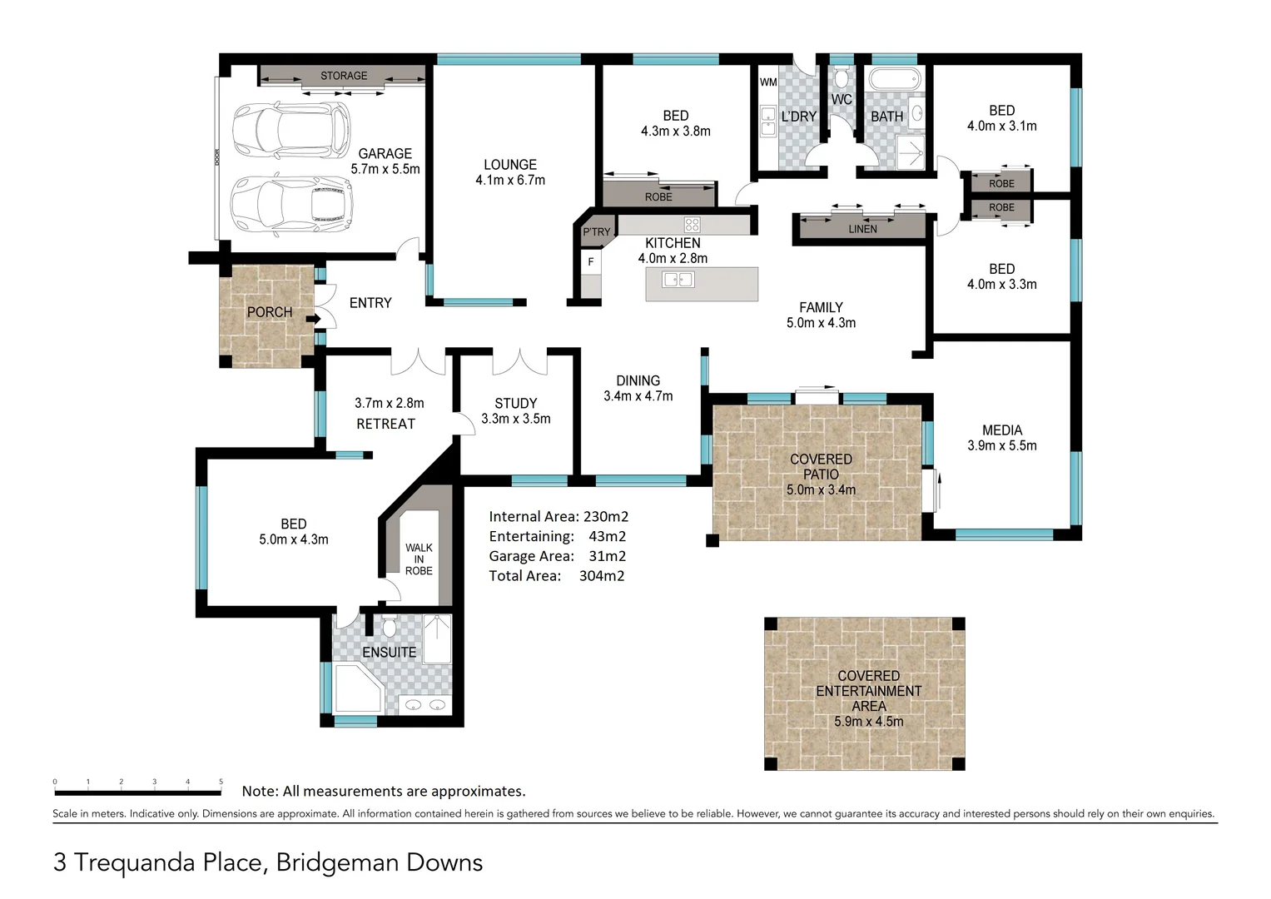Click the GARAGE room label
click(385, 154)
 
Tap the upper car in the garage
click(290, 130)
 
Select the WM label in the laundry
click(767, 82)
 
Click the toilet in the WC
click(842, 79)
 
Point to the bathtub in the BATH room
click(895, 81)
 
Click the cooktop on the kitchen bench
click(692, 224)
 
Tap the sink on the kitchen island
click(678, 280)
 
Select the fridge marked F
click(591, 262)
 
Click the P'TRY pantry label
click(596, 232)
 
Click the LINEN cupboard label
click(862, 229)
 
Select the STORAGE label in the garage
click(344, 76)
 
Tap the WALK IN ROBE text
click(419, 559)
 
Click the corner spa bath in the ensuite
click(357, 688)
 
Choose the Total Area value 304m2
click(602, 576)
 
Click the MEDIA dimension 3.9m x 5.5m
click(1001, 446)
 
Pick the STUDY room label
click(515, 403)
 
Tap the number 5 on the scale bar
click(221, 782)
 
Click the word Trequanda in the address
click(169, 863)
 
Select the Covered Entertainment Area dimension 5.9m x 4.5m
click(868, 722)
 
